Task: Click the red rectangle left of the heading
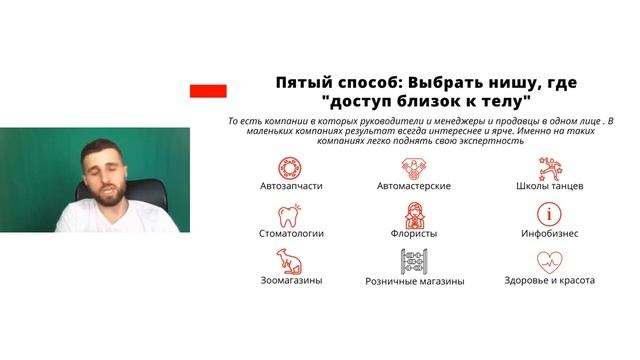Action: pyautogui.click(x=208, y=91)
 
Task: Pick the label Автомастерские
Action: pyautogui.click(x=414, y=186)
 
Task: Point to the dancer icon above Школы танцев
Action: pyautogui.click(x=549, y=165)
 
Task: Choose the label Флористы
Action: pyautogui.click(x=414, y=233)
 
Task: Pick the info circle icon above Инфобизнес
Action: pyautogui.click(x=549, y=213)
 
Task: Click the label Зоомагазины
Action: pyautogui.click(x=291, y=281)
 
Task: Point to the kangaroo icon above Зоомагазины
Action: pyautogui.click(x=291, y=260)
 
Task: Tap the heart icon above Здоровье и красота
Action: pyautogui.click(x=549, y=260)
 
